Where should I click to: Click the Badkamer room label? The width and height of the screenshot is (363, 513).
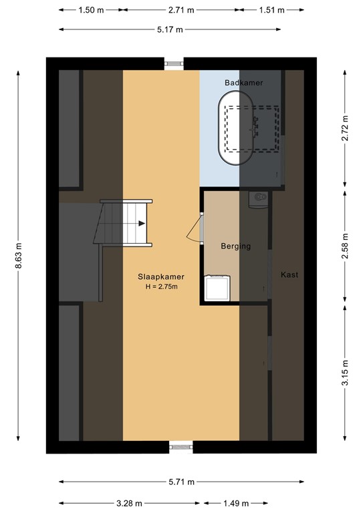243,82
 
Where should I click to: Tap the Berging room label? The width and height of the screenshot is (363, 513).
236,246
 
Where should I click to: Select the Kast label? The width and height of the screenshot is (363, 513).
289,275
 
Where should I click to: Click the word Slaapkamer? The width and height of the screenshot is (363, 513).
161,277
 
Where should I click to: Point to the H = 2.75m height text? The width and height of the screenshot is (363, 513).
161,287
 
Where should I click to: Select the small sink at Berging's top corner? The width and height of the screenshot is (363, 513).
259,198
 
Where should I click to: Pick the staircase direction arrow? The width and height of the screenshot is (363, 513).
140,224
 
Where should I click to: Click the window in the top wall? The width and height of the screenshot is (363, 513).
174,64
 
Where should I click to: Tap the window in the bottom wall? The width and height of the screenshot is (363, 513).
178,447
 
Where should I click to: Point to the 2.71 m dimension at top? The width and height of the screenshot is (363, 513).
182,10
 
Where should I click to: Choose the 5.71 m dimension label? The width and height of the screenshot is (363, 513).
181,482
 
